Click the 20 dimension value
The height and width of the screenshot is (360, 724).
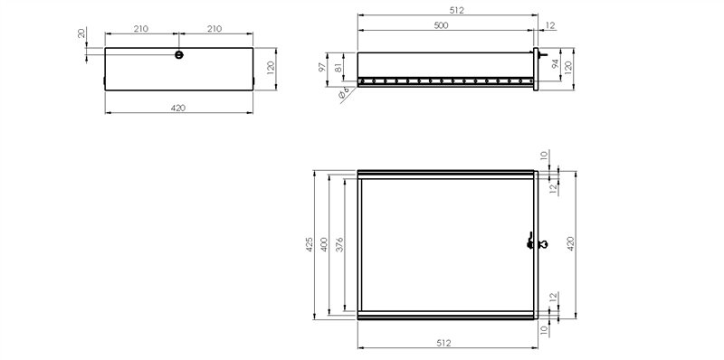coord(81,33)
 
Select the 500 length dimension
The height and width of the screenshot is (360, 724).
coord(441,25)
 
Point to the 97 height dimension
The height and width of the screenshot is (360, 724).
coord(323,66)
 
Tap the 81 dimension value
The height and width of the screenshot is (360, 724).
coord(338,66)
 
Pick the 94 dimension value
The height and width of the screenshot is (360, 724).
coord(556,63)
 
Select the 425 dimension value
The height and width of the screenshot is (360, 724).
coord(310,244)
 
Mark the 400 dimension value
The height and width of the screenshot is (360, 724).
coord(324,244)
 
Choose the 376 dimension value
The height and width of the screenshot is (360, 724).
coord(340,244)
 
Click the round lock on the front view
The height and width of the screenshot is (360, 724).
coord(179,55)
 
